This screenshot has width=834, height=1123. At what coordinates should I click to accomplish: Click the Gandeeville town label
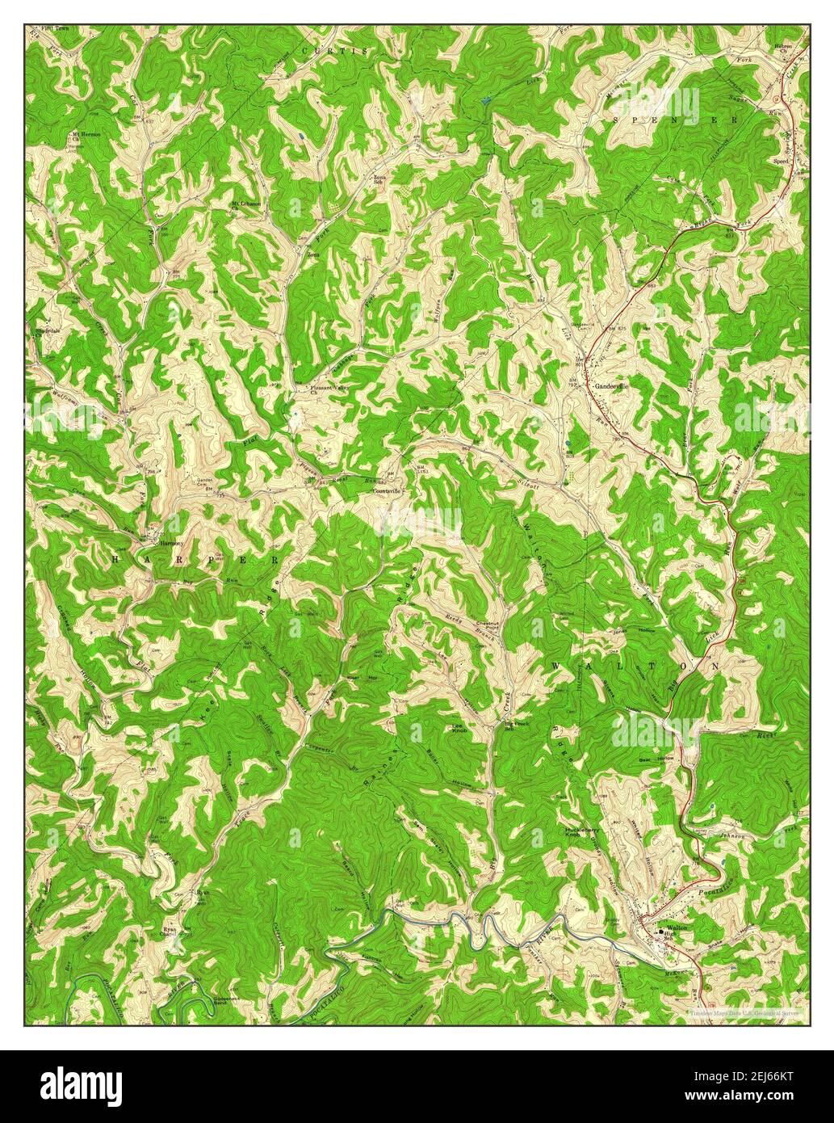tap(611, 387)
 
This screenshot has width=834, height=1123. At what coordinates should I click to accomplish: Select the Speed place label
tap(780, 161)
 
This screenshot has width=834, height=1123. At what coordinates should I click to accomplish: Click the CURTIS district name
tap(333, 51)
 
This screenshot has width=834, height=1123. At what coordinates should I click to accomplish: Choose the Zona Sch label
tap(378, 179)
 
